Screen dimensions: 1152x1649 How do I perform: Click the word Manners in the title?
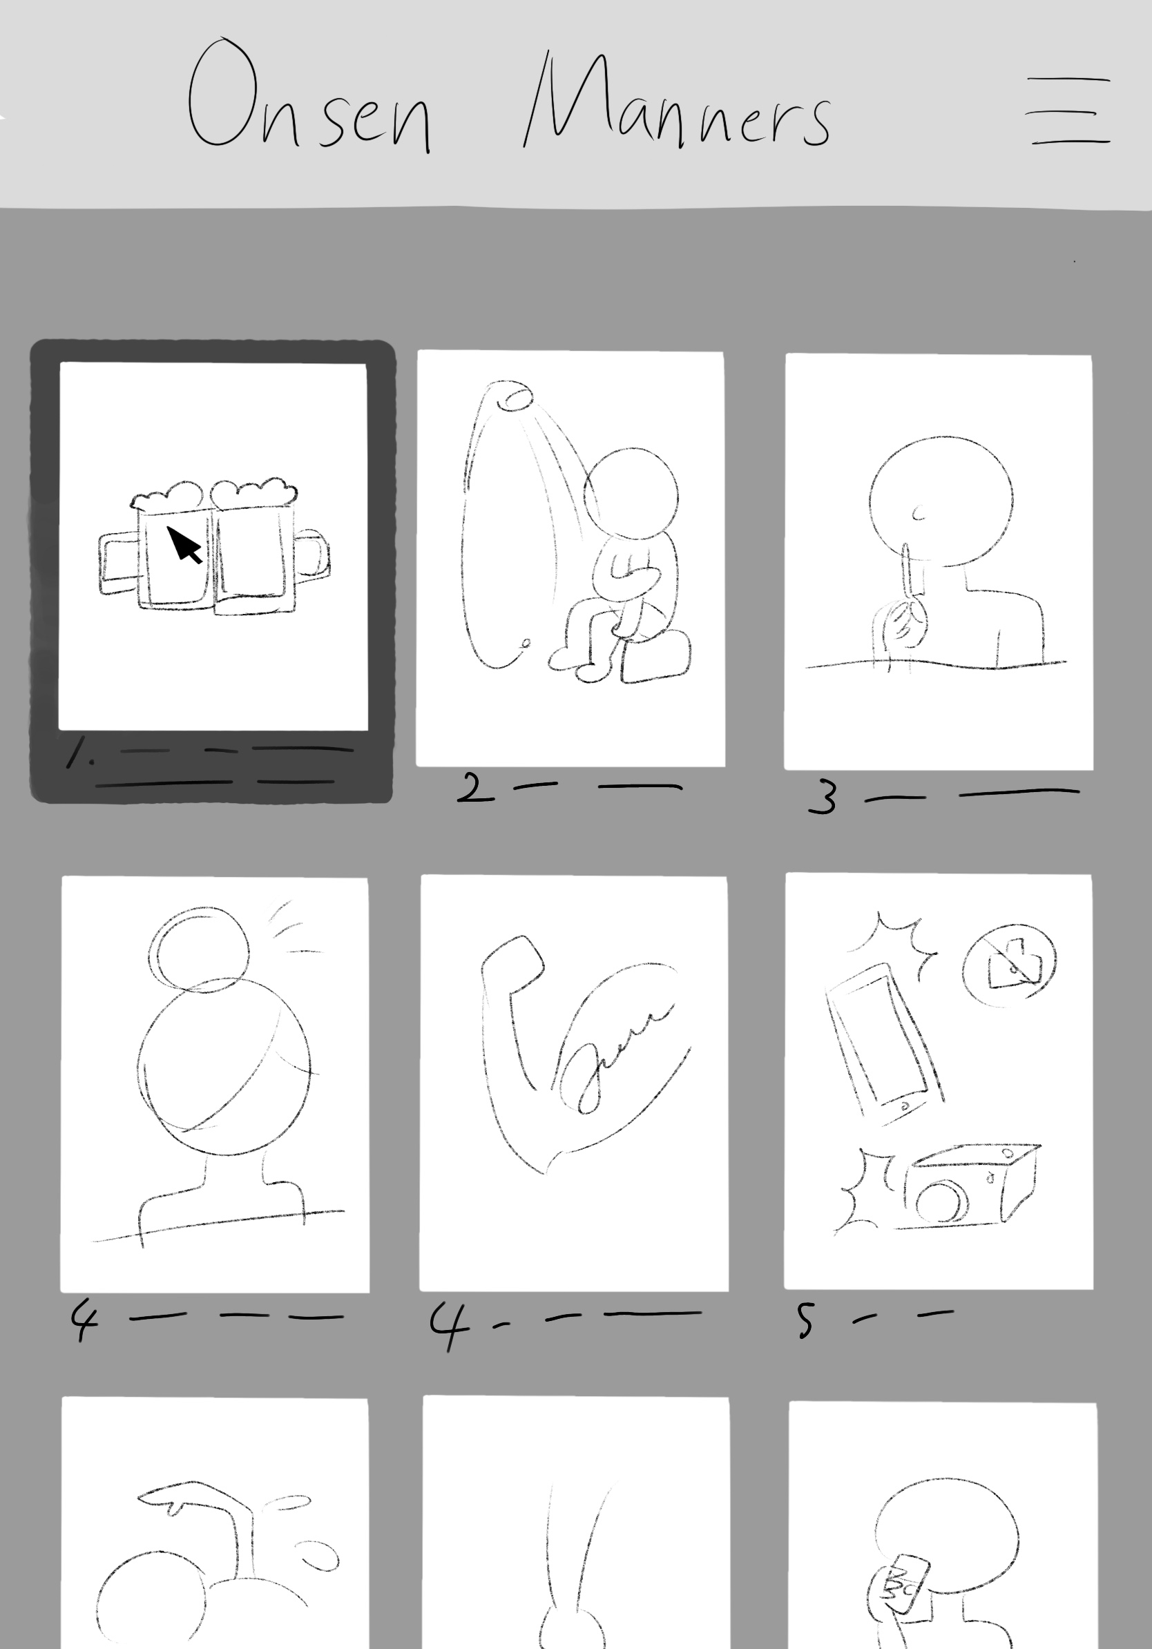click(x=678, y=100)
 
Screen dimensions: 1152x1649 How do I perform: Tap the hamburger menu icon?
click(x=1068, y=110)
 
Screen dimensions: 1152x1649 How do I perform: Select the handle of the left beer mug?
click(x=118, y=563)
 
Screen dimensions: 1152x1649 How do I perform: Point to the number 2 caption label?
click(x=475, y=788)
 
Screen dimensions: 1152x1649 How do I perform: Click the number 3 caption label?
click(x=823, y=797)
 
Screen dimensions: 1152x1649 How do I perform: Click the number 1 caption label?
click(x=77, y=751)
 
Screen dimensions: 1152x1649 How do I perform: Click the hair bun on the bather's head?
click(x=200, y=949)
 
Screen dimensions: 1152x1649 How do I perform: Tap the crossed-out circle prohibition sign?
click(x=1009, y=965)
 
